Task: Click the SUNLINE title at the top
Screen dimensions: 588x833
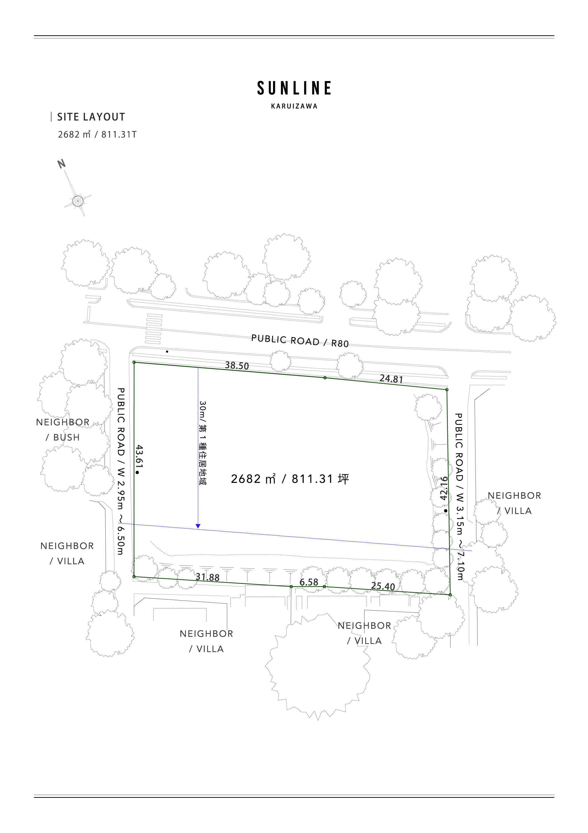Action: pos(294,88)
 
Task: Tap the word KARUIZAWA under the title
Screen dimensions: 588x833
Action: pos(294,106)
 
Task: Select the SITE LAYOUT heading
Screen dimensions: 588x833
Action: pos(91,117)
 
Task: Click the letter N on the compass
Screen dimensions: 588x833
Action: pos(62,164)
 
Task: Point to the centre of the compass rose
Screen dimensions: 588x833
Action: pos(78,200)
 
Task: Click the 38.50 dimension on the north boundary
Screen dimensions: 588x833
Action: pos(237,365)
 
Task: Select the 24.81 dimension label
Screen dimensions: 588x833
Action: pos(391,379)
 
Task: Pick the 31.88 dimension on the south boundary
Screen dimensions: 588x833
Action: pos(208,577)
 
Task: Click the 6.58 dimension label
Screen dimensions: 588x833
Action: pos(309,582)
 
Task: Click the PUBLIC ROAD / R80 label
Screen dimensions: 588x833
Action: pos(300,341)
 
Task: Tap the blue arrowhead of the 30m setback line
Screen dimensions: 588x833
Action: pos(198,526)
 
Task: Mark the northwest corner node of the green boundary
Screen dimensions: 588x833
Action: pos(134,362)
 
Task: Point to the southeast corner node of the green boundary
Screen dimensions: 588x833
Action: pos(450,595)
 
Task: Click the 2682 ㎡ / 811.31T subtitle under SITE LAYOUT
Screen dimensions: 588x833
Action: pos(97,135)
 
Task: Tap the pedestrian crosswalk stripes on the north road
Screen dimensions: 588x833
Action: pos(153,328)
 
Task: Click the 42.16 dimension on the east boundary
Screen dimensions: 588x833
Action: pos(444,488)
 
